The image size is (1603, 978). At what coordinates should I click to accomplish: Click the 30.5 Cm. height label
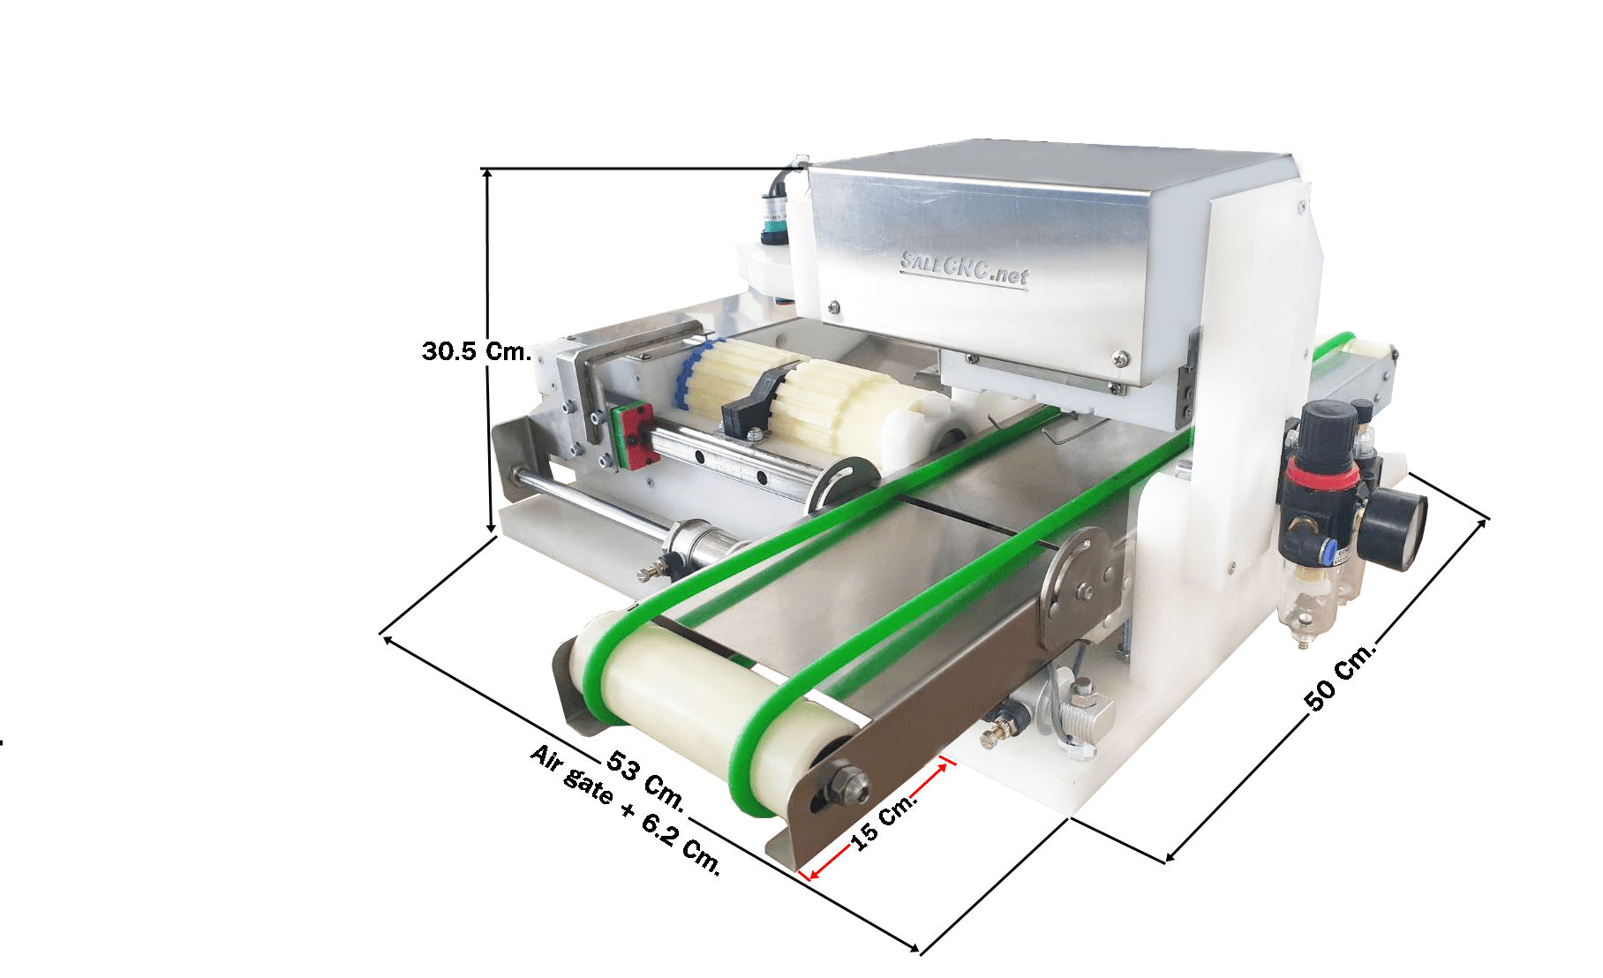tap(477, 351)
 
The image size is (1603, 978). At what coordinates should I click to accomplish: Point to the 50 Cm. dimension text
tap(1340, 675)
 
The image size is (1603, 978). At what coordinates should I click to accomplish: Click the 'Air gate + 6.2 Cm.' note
tap(625, 809)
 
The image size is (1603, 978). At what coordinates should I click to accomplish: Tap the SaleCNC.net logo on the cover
tap(964, 268)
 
